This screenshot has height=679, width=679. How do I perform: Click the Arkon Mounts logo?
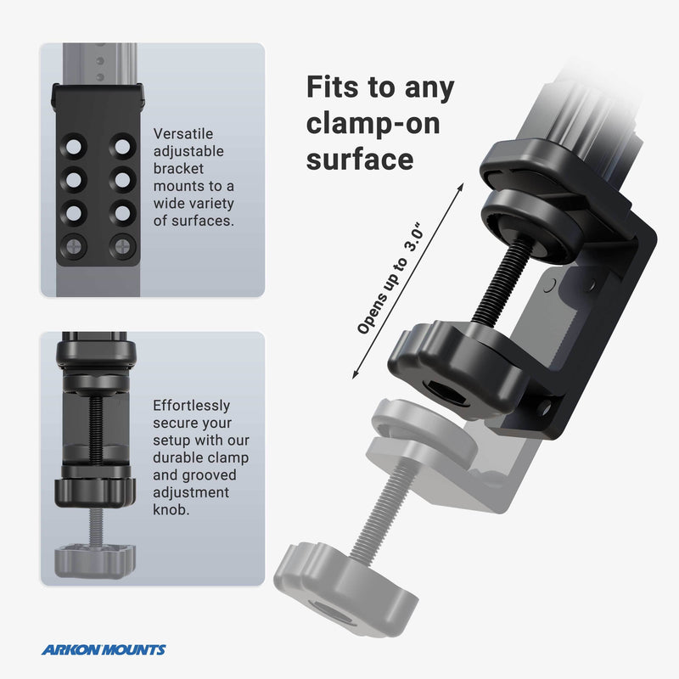point(104,650)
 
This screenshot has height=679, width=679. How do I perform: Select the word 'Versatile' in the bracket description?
point(183,133)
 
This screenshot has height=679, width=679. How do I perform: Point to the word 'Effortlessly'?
point(191,406)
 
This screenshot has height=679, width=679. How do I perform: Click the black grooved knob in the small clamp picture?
point(95,490)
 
